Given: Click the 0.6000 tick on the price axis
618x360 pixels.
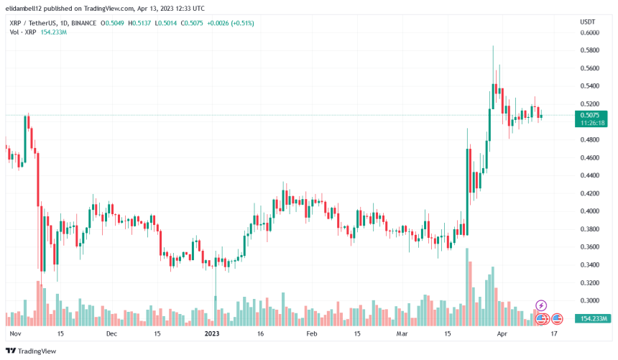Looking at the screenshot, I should click(x=591, y=33).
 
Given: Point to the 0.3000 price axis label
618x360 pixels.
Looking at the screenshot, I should click(x=591, y=301).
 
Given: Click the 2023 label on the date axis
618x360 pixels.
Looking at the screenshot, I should click(x=212, y=334).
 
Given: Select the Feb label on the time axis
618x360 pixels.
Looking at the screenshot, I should click(x=312, y=334).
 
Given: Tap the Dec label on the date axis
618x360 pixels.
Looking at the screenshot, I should click(x=111, y=334).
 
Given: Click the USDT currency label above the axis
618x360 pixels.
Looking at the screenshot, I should click(x=589, y=22).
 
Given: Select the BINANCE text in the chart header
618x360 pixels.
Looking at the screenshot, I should click(x=84, y=23).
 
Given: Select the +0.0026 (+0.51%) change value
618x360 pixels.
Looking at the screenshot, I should click(x=229, y=23).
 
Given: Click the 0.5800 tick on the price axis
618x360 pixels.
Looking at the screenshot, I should click(x=591, y=51).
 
